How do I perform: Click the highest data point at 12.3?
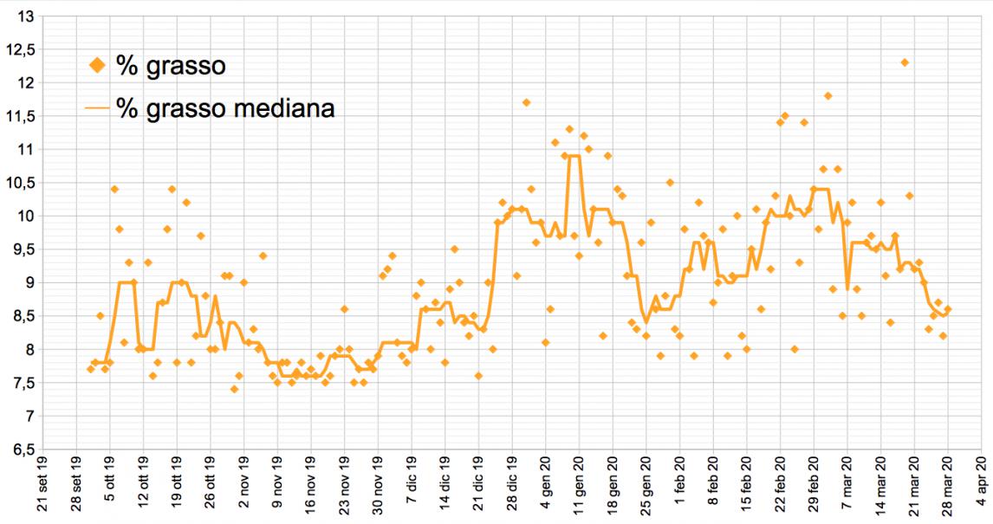click(x=905, y=62)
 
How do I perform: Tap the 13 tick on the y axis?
click(x=25, y=16)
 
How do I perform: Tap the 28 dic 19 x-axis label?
click(x=512, y=489)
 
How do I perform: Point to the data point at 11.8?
click(x=827, y=96)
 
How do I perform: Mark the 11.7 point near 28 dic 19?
click(x=526, y=102)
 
